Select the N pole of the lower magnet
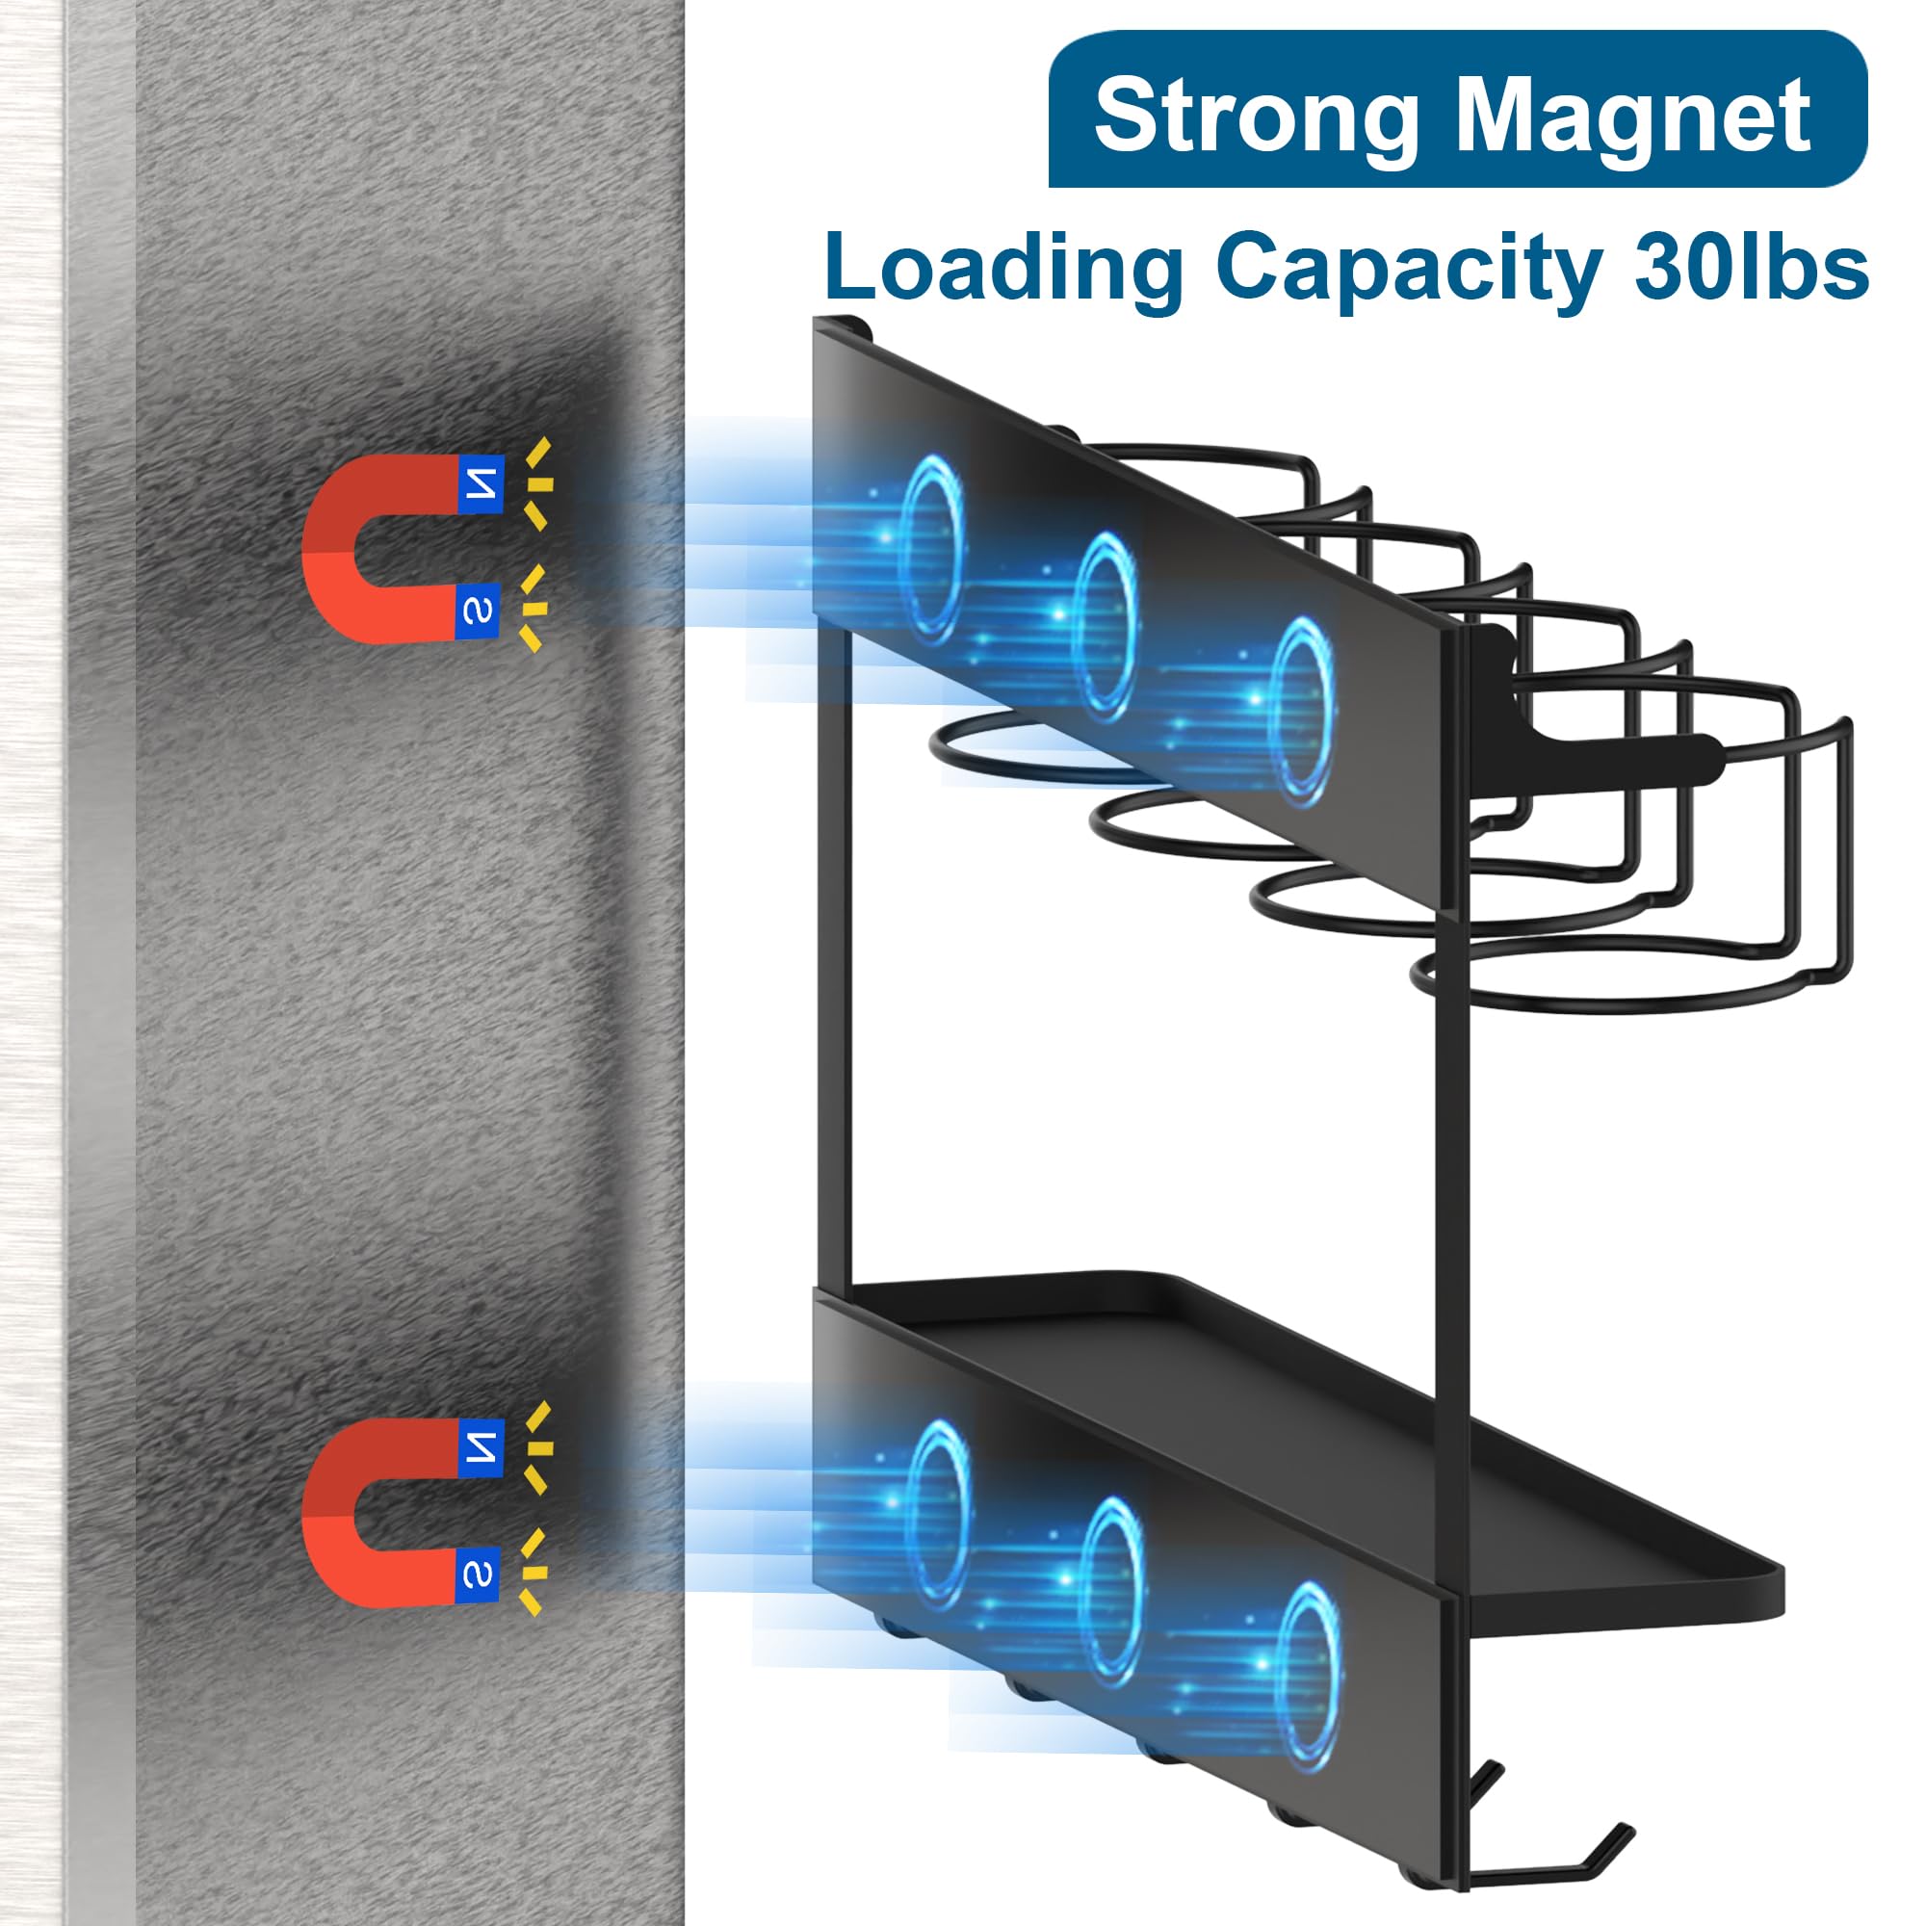(x=481, y=1445)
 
